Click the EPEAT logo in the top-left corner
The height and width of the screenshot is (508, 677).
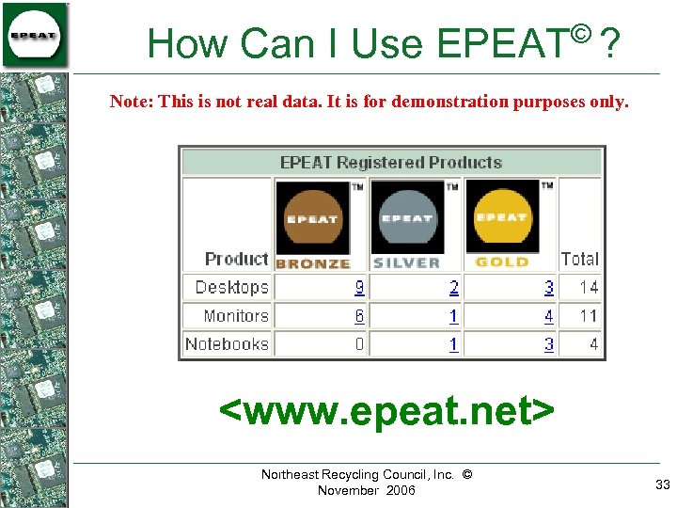click(35, 35)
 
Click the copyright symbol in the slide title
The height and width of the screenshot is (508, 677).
click(580, 36)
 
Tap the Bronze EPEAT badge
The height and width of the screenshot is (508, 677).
click(312, 224)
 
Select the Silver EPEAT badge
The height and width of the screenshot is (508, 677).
click(407, 224)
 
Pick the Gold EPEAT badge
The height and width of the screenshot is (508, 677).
click(502, 224)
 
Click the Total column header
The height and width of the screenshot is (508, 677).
click(579, 259)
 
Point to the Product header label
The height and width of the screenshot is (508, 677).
click(236, 259)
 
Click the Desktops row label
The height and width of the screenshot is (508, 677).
click(231, 287)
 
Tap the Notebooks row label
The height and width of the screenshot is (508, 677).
click(227, 344)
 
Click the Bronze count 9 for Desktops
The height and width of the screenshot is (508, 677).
click(359, 287)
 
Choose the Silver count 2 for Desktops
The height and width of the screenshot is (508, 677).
click(454, 287)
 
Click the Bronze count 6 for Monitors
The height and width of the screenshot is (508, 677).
click(359, 316)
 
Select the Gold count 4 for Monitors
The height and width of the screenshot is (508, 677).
click(549, 316)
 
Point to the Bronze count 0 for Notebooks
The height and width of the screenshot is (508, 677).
click(359, 344)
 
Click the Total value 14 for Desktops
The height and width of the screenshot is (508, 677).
click(589, 287)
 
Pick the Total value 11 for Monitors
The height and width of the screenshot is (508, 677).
click(589, 316)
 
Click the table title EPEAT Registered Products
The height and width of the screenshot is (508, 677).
click(391, 163)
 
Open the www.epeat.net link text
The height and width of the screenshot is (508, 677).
click(386, 411)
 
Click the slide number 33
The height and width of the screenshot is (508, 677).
click(663, 484)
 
